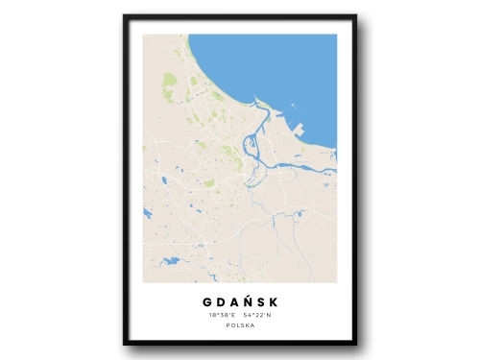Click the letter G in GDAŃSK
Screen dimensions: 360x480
coord(207,301)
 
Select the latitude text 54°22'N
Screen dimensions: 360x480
coord(257,315)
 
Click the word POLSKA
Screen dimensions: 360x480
coord(240,326)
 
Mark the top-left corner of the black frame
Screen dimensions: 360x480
coord(125,16)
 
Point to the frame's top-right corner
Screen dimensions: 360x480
coord(355,16)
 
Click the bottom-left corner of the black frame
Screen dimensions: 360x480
coord(125,344)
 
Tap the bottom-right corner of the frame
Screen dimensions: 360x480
coord(355,344)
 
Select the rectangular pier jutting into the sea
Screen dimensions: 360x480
coord(300,128)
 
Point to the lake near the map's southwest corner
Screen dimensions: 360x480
coord(171,260)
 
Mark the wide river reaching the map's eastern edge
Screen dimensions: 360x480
coord(322,173)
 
